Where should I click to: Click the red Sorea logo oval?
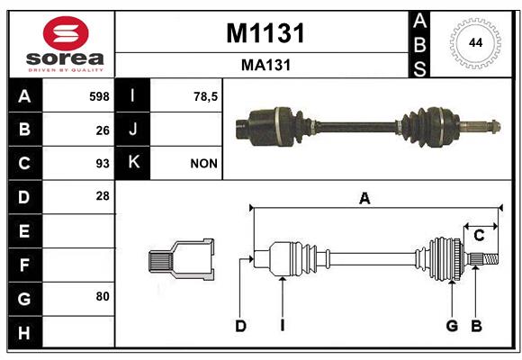coord(66,33)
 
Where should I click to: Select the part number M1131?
coord(265,33)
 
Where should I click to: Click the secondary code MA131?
coord(266,65)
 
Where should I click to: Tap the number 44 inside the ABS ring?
coord(475,43)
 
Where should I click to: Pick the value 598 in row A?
coord(99,96)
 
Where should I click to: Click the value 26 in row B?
coord(103,130)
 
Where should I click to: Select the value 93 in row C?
coord(103,164)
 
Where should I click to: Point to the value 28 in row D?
coord(103,196)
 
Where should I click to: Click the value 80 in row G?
coord(103,296)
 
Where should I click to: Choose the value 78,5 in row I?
coord(205,96)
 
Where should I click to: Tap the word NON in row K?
coord(203,164)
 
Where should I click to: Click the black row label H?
coord(25,332)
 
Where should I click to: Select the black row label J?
coord(132,129)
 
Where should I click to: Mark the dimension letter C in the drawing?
coord(479,236)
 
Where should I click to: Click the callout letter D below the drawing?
coord(240,326)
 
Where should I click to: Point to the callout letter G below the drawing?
coord(452,326)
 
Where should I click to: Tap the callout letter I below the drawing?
coord(283,326)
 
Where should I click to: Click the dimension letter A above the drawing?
coord(364,199)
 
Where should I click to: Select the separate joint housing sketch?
coord(181,259)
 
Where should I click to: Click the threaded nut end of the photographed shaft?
coord(495,126)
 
